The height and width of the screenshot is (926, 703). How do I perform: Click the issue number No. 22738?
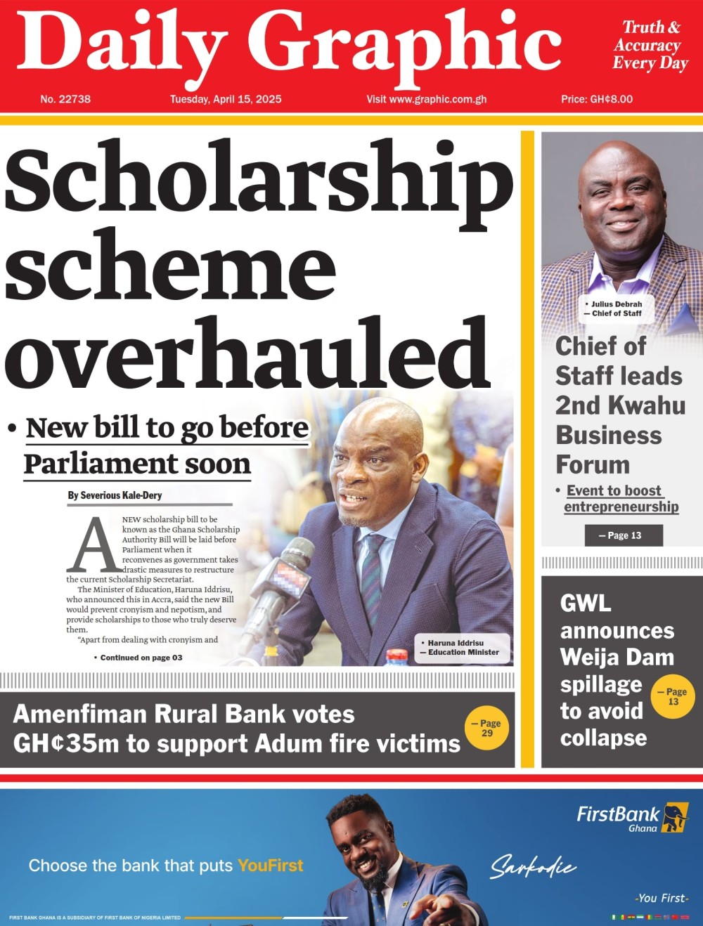point(65,99)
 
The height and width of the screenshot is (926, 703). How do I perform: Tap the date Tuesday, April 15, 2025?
point(226,99)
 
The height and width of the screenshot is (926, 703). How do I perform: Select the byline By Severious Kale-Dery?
point(115,495)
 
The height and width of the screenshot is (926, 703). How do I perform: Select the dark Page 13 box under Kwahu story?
point(624,535)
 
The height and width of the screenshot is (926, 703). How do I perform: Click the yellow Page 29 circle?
point(486,728)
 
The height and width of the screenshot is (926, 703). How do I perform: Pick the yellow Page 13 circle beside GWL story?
point(673,696)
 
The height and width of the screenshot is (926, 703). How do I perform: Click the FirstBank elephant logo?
point(676,816)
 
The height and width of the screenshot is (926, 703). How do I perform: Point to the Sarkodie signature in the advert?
point(532,867)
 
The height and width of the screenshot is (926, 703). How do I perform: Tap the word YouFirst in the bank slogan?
point(271,866)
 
